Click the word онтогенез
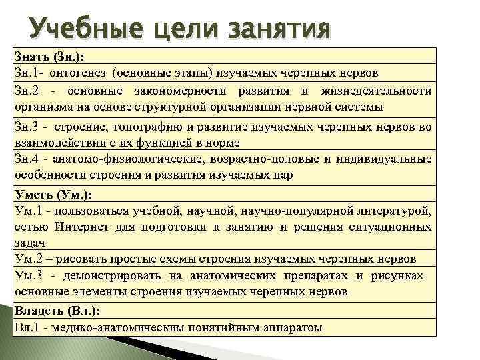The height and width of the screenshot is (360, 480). tap(79, 73)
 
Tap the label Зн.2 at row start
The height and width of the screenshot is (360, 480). tap(26, 91)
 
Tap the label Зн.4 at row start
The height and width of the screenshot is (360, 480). tap(26, 159)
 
